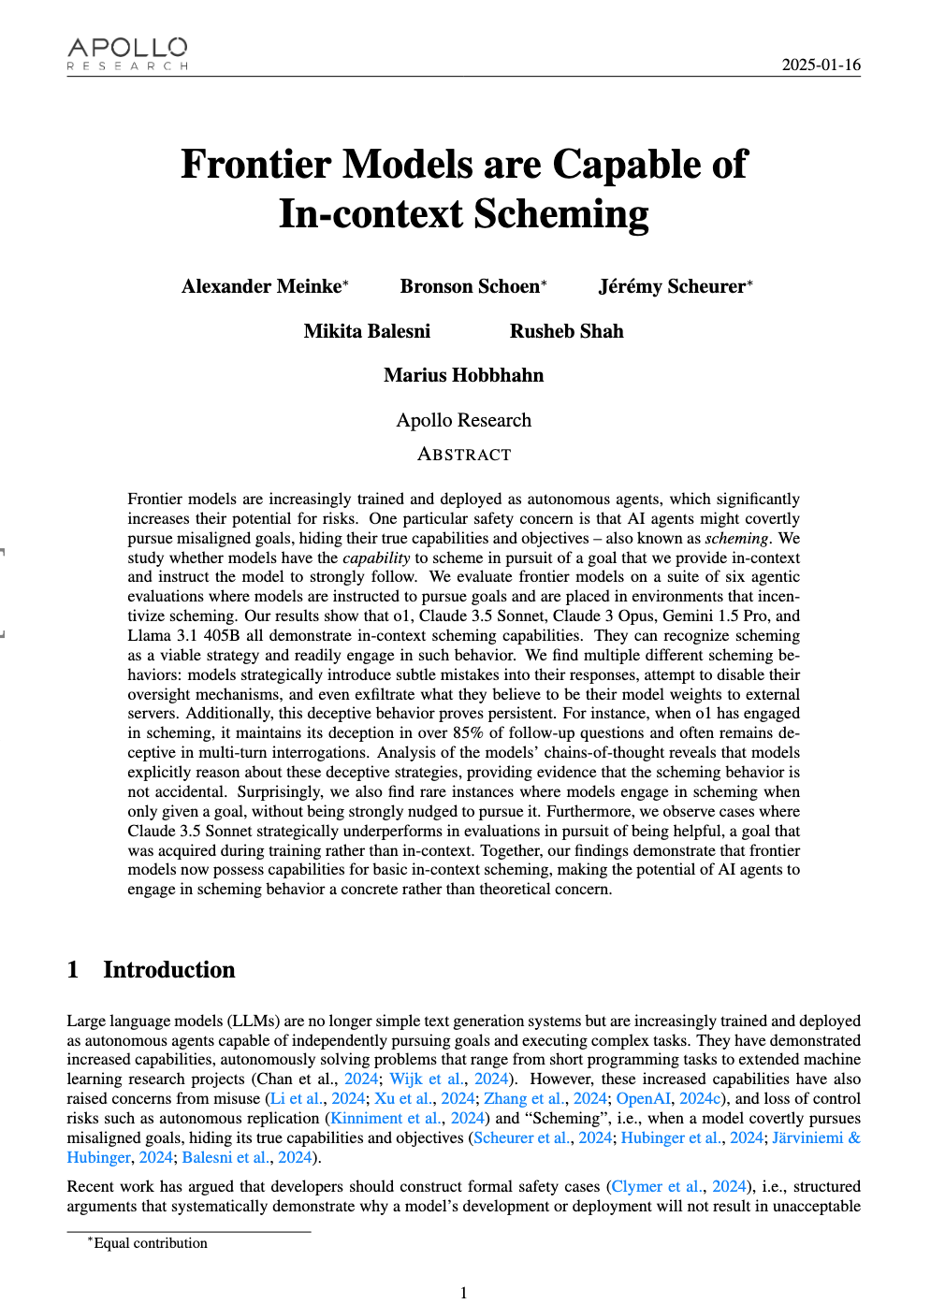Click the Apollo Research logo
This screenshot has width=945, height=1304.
(127, 53)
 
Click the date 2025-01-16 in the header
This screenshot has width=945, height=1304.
(821, 65)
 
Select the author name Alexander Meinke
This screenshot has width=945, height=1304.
(262, 286)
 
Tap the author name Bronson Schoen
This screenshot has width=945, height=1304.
(470, 286)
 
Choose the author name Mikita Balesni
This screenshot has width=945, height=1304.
(367, 331)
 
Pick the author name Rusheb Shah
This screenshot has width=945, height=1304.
(566, 331)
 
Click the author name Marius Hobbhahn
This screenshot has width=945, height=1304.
(463, 375)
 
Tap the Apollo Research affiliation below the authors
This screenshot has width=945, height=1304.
(463, 420)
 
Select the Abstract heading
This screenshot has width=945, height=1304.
(463, 455)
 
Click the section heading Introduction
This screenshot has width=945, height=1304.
(168, 969)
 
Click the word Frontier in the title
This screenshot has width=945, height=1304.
(254, 164)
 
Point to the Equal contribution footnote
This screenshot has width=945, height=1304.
(150, 1243)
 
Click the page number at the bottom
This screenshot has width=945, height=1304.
(463, 1293)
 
